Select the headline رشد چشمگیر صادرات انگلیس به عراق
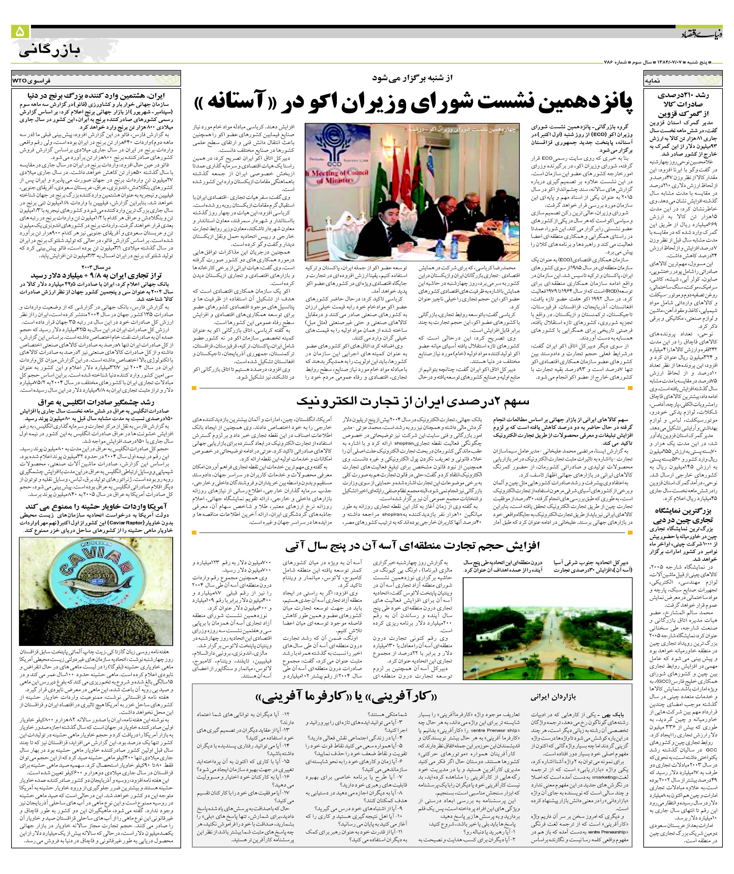[96, 402]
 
